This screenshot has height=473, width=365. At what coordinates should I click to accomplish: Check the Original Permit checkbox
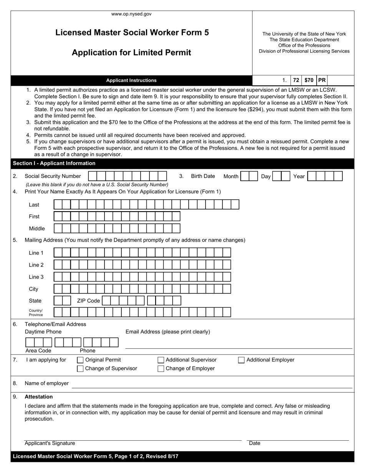[80, 360]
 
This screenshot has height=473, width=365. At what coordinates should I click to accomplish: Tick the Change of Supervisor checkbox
[80, 369]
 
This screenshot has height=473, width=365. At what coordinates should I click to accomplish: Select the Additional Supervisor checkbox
[161, 360]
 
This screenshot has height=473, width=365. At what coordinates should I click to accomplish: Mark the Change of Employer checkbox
[161, 369]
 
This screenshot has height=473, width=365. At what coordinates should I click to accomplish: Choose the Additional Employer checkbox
[241, 360]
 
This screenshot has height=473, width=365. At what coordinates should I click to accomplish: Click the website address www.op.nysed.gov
[131, 14]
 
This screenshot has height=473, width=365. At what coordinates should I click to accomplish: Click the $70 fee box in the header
[309, 80]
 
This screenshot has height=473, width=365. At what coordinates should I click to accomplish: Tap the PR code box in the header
[322, 80]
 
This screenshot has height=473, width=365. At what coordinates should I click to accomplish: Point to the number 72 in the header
[296, 80]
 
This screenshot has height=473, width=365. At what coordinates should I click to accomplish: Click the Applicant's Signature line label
[50, 443]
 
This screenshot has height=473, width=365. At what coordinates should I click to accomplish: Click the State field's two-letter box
[62, 301]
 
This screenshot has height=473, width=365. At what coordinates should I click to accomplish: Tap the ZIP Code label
[88, 301]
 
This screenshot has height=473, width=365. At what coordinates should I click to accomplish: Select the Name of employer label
[46, 383]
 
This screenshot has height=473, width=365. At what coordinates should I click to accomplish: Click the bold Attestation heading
[39, 397]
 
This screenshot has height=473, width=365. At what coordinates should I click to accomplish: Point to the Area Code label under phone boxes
[38, 351]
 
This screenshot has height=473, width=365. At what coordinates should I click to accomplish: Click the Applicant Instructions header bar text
[131, 80]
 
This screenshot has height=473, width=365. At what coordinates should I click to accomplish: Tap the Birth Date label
[203, 176]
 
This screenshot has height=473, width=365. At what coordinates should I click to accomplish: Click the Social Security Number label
[53, 176]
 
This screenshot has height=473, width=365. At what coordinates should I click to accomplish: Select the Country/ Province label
[36, 313]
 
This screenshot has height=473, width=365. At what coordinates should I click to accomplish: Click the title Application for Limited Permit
[131, 53]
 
